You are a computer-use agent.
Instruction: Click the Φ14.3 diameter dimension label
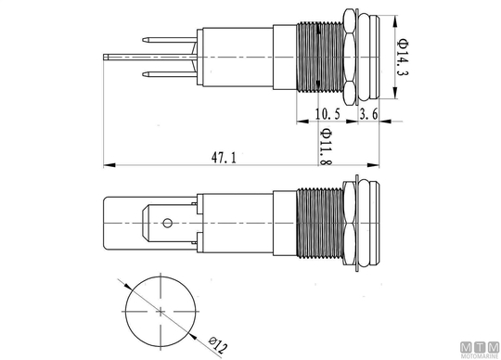(404, 58)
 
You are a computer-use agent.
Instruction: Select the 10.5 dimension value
(328, 114)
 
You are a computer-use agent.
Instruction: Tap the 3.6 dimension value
(368, 114)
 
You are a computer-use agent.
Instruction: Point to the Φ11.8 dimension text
(326, 147)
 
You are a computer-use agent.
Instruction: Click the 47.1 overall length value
(224, 158)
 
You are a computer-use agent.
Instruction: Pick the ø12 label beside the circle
(218, 344)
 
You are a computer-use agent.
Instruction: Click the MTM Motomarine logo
(480, 350)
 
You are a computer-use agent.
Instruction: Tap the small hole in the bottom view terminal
(167, 223)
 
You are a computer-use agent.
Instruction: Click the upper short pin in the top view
(170, 40)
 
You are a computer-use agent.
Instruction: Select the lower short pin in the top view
(170, 75)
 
